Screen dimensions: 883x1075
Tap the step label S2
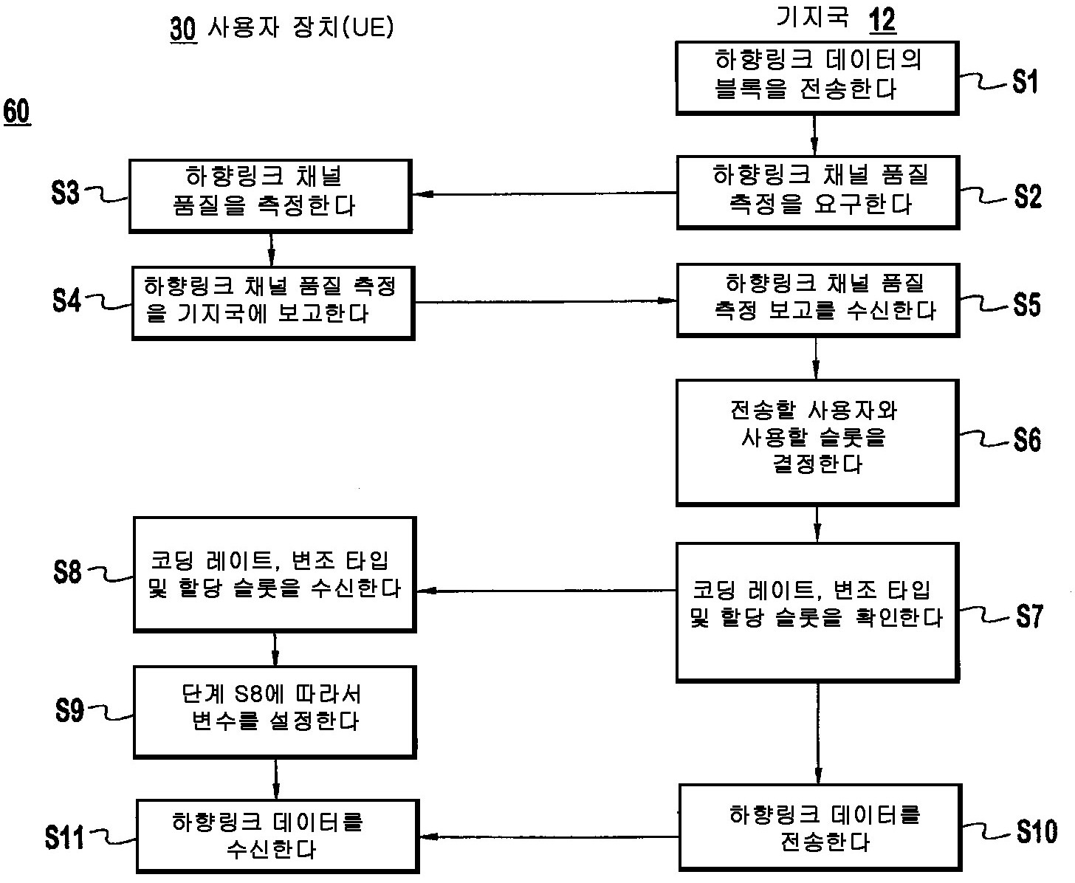[x=1027, y=196]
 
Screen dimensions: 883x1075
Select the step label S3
[x=66, y=194]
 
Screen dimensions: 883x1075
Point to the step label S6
[x=1027, y=440]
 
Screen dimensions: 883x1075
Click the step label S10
[x=1036, y=831]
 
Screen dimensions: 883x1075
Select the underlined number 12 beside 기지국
[x=882, y=20]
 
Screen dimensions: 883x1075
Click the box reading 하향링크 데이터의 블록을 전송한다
[x=817, y=78]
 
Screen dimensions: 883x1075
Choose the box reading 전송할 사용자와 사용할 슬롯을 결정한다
[x=817, y=441]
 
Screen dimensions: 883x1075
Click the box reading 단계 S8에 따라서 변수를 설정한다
[x=274, y=711]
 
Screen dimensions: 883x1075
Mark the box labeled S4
[x=272, y=303]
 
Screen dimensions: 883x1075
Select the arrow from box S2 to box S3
[x=544, y=195]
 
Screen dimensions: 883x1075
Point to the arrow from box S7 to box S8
[x=546, y=591]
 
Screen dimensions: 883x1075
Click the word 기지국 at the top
[x=813, y=17]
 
